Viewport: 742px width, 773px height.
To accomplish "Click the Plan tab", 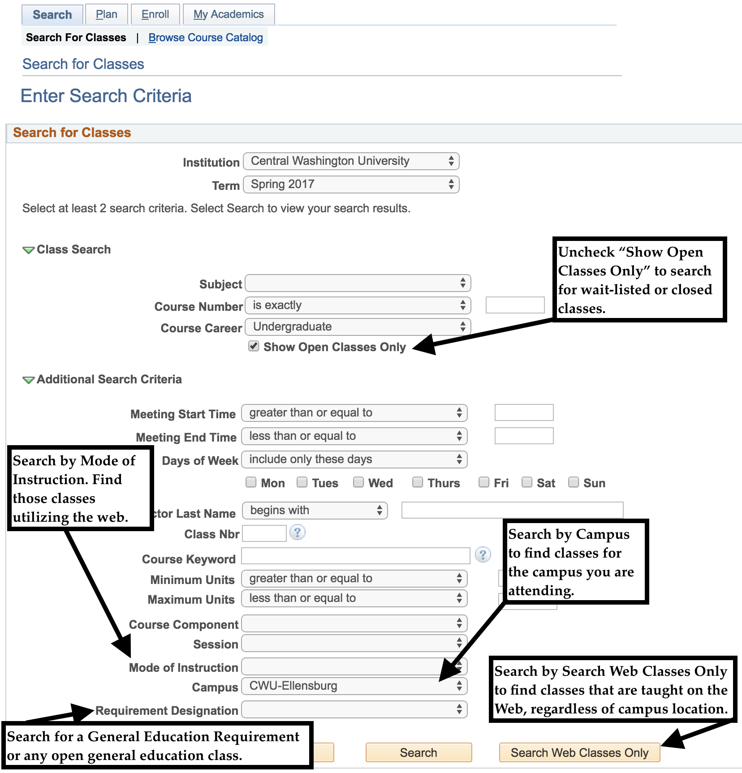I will pos(106,14).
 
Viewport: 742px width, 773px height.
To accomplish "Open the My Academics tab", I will pos(228,14).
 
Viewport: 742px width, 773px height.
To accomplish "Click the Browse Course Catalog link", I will pos(205,38).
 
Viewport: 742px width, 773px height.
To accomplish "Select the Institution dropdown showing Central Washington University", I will pos(351,161).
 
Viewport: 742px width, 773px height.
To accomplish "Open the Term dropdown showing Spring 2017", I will pos(351,185).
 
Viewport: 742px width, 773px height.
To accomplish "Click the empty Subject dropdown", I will pos(358,283).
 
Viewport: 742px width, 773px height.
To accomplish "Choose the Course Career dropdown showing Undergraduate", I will pos(358,327).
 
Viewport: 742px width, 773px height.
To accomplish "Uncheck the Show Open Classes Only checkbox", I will pos(254,346).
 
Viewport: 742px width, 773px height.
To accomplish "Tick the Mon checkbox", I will pos(251,482).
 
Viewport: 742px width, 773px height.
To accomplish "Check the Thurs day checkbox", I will pos(418,482).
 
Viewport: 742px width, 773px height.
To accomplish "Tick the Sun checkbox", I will pos(573,482).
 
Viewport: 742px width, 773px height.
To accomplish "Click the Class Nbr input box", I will pos(264,533).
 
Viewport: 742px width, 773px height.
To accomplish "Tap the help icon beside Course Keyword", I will pos(483,555).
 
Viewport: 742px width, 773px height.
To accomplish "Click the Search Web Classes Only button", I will pos(579,753).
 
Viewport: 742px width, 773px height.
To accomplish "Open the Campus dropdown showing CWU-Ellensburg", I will pos(354,686).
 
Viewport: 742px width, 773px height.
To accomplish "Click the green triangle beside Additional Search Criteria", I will pos(28,380).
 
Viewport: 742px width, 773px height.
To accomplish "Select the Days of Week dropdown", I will pos(354,460).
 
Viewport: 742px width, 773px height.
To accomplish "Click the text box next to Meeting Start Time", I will pos(524,412).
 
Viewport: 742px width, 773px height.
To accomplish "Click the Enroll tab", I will pos(155,14).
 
